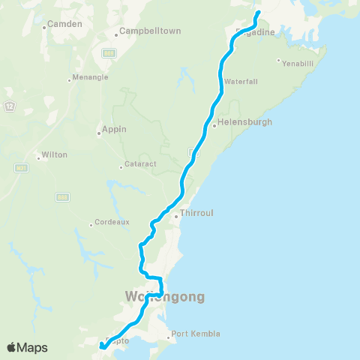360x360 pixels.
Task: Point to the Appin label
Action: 115,128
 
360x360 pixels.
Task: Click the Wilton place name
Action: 55,154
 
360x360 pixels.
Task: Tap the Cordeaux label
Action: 108,223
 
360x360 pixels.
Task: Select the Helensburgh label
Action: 244,121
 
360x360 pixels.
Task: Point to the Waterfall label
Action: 241,80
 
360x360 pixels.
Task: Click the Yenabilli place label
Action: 298,64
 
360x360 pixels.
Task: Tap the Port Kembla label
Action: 196,334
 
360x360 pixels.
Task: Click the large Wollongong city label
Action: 160,296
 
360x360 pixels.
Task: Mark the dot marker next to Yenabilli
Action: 278,61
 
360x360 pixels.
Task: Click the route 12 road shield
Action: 9,103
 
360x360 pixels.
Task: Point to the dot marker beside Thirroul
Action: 175,217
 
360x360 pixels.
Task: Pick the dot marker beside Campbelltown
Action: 116,34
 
